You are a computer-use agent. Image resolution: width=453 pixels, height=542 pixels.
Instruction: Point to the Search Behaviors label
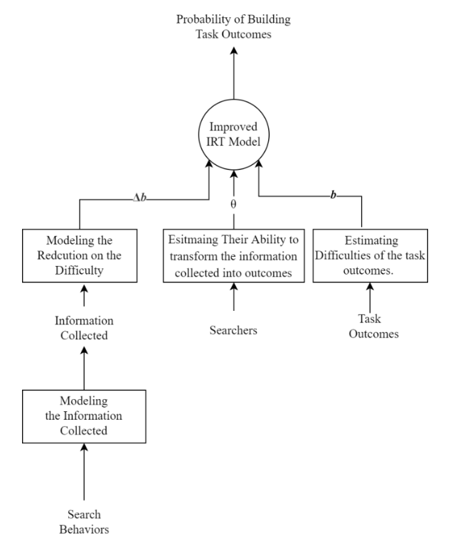pos(84,521)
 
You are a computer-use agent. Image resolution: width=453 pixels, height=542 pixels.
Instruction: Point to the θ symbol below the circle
pos(233,203)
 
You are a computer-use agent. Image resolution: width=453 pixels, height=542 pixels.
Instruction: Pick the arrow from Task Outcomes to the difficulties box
pos(368,297)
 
